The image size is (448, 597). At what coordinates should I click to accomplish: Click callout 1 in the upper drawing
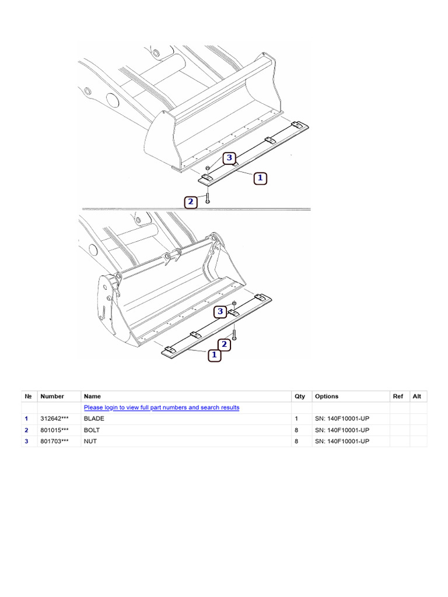[x=260, y=178]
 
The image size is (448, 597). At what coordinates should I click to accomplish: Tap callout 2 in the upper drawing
[x=191, y=202]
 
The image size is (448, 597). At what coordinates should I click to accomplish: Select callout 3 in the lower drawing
[x=220, y=312]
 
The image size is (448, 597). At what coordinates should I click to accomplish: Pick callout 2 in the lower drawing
[x=223, y=345]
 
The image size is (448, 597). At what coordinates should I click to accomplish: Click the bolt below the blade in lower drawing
[x=234, y=335]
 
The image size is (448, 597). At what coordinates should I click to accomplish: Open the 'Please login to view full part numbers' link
[x=162, y=408]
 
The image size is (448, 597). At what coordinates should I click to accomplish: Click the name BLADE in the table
[x=94, y=419]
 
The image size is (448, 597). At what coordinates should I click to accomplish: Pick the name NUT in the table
[x=90, y=441]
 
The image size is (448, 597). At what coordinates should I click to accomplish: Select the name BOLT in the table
[x=92, y=430]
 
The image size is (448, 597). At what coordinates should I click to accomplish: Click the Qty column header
[x=300, y=396]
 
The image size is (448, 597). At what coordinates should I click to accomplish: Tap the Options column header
[x=327, y=396]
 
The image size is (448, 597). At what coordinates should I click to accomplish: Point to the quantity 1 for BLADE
[x=296, y=419]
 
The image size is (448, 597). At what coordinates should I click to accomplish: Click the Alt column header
[x=417, y=396]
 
